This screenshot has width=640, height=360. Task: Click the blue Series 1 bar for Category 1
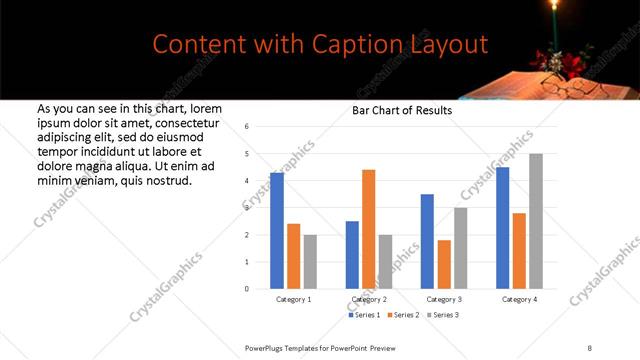[277, 231]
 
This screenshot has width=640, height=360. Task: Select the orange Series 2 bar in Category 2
[368, 229]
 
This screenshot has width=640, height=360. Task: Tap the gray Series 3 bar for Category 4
[536, 221]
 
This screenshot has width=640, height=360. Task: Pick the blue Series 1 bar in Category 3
[427, 241]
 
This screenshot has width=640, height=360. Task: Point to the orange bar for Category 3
[444, 264]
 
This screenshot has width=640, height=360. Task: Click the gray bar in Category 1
[310, 261]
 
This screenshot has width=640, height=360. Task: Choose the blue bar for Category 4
[502, 228]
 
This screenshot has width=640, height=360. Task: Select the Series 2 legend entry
[403, 315]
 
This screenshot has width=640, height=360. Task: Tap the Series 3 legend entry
[441, 315]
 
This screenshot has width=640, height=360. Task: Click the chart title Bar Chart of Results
[402, 110]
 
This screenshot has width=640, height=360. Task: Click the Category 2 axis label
[369, 299]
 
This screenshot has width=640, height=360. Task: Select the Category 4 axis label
[519, 299]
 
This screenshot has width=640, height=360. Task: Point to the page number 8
[590, 347]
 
